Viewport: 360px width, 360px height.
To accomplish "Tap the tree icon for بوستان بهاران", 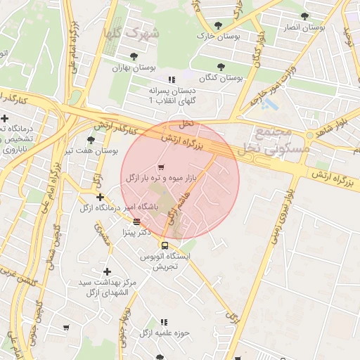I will [134, 57].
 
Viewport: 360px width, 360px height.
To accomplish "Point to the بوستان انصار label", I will [303, 27].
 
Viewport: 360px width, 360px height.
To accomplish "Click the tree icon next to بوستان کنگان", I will [221, 67].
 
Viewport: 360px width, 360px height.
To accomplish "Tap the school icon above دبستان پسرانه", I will [172, 79].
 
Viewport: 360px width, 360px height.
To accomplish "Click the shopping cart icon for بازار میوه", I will [162, 167].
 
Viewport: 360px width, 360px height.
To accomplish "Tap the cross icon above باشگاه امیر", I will [100, 197].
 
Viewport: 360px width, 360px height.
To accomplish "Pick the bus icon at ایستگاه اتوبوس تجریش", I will [164, 245].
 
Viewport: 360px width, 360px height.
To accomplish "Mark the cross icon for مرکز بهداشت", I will [107, 271].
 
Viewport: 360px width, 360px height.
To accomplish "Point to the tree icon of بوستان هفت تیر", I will [91, 140].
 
